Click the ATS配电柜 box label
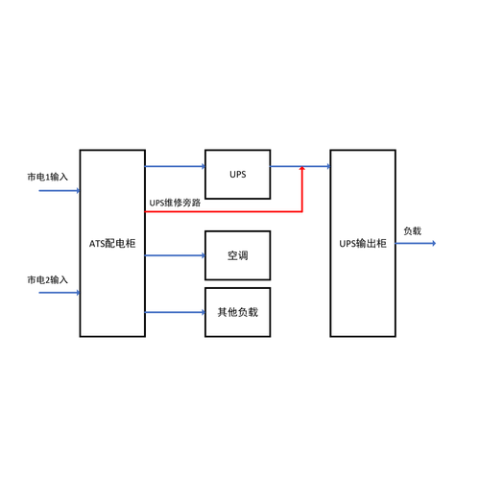pos(112,244)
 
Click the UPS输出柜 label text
pos(363,244)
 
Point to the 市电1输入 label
pos(48,177)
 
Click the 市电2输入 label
pos(48,279)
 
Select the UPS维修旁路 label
pos(175,203)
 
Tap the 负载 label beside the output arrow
pos(413,230)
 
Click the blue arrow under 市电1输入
pos(60,191)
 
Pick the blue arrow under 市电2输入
pos(60,293)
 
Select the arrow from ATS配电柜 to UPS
pos(175,166)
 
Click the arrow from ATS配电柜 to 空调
pos(175,255)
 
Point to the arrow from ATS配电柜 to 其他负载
pos(175,312)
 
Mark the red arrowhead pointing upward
pos(301,169)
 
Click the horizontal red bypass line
pos(224,211)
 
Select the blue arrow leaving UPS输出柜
pos(416,243)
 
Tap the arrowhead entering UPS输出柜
pos(328,166)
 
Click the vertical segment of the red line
pos(301,189)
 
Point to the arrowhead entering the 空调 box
pos(203,255)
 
